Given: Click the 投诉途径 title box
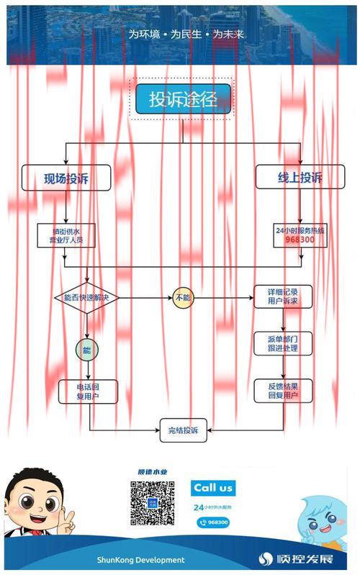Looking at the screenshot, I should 183,100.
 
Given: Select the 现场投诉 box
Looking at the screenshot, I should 66,178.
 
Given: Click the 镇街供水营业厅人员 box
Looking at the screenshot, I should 66,235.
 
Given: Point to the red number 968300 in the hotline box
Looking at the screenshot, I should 300,240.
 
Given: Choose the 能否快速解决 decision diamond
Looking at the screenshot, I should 86,296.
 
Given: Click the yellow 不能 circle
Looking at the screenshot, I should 182,296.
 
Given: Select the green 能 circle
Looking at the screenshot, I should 87,350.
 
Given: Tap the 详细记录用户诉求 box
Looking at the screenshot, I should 283,296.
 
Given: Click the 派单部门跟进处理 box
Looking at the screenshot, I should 283,343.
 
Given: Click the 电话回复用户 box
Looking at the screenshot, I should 87,391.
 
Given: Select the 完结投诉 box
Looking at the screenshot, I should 183,430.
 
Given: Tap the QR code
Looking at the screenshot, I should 153,503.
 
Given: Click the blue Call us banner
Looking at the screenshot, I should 214,488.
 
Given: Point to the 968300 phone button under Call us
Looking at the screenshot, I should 213,522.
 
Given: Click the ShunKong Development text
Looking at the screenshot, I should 141,559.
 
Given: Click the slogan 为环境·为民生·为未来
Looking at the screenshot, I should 186,34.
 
